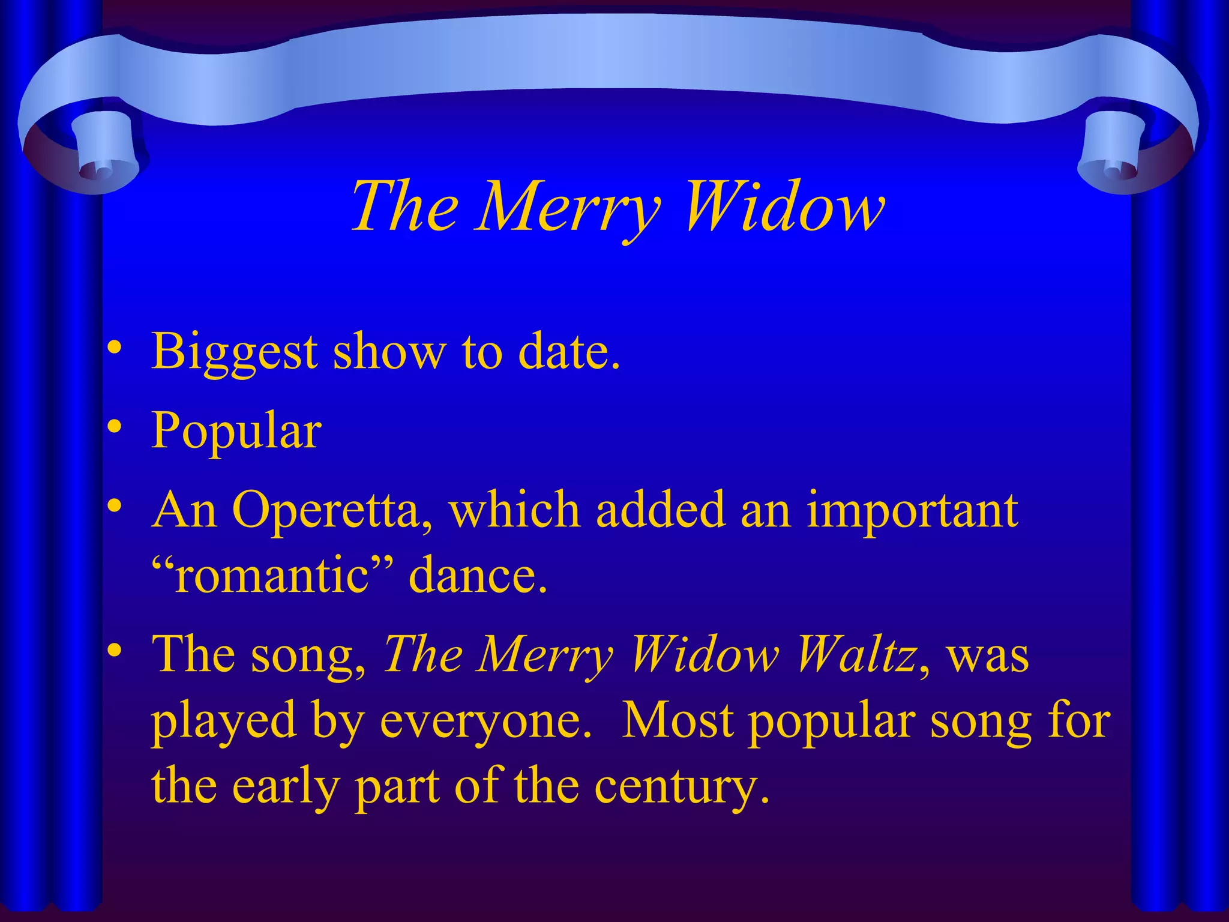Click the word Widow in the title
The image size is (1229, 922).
click(783, 207)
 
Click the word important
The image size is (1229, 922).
click(912, 510)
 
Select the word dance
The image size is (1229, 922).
click(478, 575)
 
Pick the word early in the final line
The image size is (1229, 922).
click(286, 788)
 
